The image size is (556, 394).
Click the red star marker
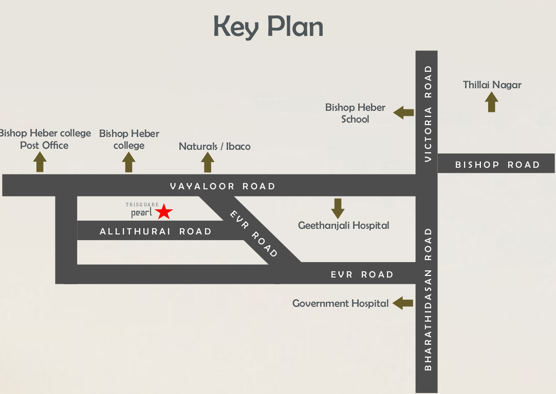164,211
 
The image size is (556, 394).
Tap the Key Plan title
268,27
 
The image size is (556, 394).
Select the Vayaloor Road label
223,186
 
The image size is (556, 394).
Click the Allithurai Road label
156,231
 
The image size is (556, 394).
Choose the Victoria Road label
428,113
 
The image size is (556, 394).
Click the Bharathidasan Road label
428,299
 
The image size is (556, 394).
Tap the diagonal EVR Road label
254,234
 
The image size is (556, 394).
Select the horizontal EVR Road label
362,274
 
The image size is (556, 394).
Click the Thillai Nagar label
492,85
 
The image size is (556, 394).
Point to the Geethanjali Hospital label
343,225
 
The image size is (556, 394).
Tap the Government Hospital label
340,303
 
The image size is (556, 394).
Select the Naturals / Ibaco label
214,146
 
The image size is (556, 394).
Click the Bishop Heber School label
355,113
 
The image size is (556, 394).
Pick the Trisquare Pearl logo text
142,210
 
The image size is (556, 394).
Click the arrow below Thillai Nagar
492,102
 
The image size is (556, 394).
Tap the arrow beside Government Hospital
403,303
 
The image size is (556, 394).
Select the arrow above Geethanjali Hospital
338,208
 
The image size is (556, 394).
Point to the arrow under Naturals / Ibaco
208,162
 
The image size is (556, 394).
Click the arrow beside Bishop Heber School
404,112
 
